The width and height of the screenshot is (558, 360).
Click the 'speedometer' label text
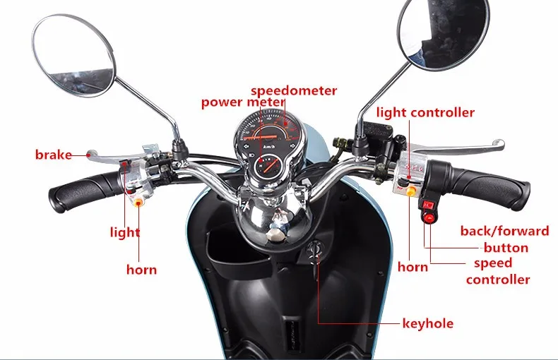tap(294, 90)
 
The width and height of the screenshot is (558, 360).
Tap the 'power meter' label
tap(242, 102)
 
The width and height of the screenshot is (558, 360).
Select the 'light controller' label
tap(425, 112)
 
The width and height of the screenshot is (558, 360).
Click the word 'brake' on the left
tap(53, 155)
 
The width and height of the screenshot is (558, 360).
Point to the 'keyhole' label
tap(427, 324)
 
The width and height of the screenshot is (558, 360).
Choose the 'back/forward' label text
tap(504, 231)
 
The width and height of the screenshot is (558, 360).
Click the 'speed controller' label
tap(498, 271)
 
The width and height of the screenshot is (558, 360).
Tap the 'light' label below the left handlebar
tap(125, 232)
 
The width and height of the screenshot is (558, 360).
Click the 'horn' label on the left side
tap(141, 269)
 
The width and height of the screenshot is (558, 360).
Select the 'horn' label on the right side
tap(412, 267)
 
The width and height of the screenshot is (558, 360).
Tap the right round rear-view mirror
tap(443, 34)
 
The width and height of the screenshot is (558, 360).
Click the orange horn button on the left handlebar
tap(138, 202)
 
